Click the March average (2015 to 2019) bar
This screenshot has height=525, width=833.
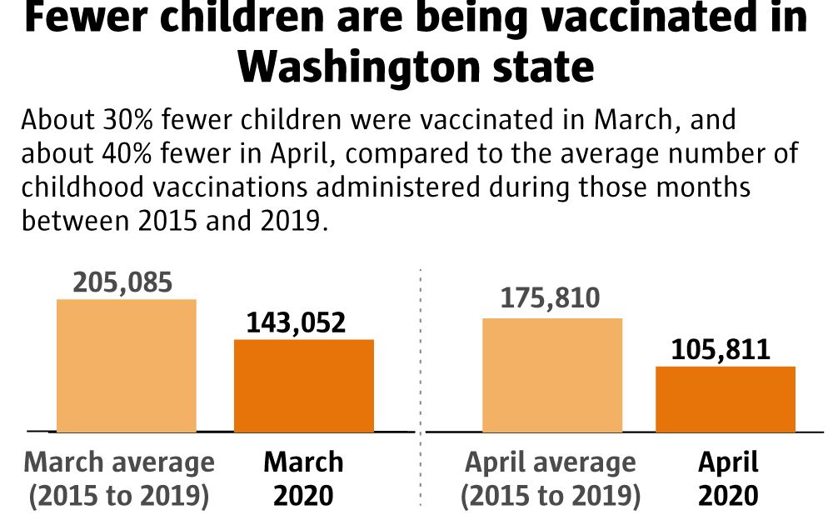[x=127, y=365]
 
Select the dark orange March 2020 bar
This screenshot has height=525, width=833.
[x=304, y=385]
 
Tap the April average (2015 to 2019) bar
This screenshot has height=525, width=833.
[x=552, y=375]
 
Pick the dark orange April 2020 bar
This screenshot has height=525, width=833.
[x=726, y=398]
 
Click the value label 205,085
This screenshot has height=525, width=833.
[x=122, y=282]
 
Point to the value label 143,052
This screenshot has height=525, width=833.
[x=296, y=322]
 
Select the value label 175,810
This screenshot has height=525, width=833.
[x=550, y=298]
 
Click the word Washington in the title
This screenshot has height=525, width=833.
[x=370, y=67]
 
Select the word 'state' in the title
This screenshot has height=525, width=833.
[x=551, y=67]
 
